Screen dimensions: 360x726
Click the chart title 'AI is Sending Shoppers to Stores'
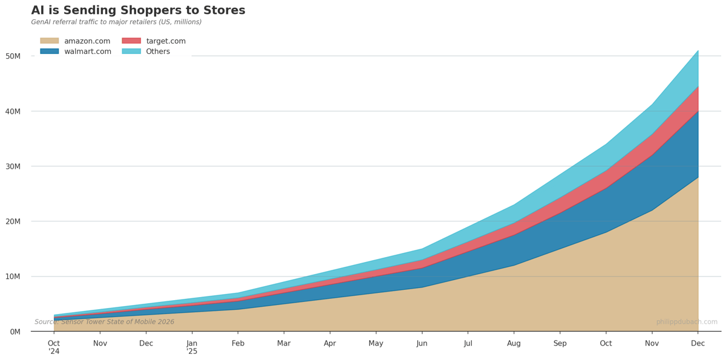[138, 11]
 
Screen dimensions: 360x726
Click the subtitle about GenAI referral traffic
[116, 22]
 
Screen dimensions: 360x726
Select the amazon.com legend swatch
[49, 41]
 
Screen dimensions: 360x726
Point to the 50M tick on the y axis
[13, 56]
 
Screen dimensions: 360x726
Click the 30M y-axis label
[13, 166]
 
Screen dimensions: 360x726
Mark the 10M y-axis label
[13, 277]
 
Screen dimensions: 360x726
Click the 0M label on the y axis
[15, 332]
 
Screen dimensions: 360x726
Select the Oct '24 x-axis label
[54, 347]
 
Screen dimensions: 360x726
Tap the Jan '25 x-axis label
[192, 347]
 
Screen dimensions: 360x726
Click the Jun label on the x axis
[422, 344]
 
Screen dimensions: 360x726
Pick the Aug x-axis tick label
[514, 344]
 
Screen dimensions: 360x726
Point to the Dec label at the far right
[698, 344]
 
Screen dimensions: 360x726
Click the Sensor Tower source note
[104, 322]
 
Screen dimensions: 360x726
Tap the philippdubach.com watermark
[687, 322]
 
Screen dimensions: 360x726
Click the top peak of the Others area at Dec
[698, 51]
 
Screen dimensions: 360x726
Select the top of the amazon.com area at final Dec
[698, 177]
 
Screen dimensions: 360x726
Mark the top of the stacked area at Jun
[422, 249]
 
